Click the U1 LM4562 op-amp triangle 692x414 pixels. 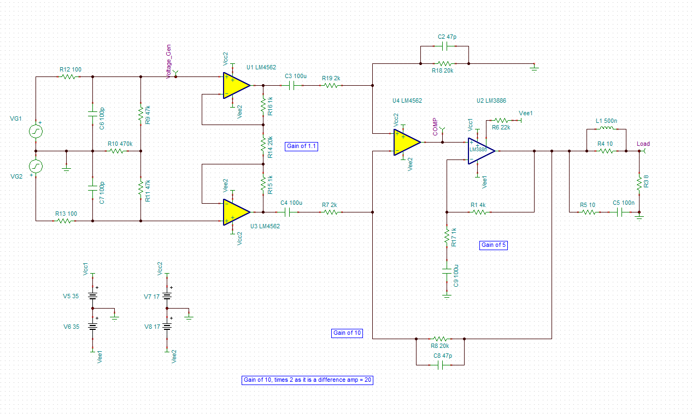[x=236, y=86]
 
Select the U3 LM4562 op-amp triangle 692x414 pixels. [x=236, y=212]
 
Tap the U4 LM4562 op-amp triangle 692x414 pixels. [x=406, y=142]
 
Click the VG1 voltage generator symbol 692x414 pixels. [x=36, y=132]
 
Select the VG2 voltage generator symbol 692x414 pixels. [x=36, y=166]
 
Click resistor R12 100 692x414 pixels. [x=68, y=77]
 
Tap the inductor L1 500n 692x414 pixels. [x=606, y=129]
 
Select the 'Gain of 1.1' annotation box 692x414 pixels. [x=301, y=146]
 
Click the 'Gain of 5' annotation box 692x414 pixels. [x=494, y=245]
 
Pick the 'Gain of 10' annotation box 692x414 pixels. [x=347, y=333]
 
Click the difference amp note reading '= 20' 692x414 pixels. [x=307, y=380]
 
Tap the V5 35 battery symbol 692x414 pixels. [x=92, y=297]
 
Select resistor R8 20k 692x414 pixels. [x=440, y=339]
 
